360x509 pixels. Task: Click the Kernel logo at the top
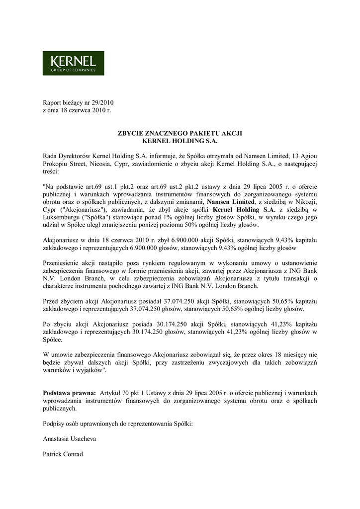click(73, 63)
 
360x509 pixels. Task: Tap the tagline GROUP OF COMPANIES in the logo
click(73, 70)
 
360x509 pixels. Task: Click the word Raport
click(53, 102)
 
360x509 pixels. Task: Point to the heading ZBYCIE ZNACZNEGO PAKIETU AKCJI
click(180, 133)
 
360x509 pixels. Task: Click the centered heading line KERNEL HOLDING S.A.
click(180, 141)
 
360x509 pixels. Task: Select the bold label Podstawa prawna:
click(70, 393)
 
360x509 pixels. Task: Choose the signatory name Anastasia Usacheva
click(70, 439)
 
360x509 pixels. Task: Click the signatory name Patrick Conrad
click(63, 454)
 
